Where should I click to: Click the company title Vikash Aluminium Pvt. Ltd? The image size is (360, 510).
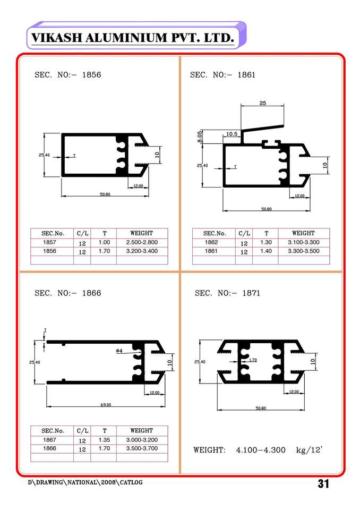coord(133,38)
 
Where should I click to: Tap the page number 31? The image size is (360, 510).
coord(323,483)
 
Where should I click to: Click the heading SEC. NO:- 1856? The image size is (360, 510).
coord(68,75)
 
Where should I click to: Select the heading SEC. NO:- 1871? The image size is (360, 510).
coord(227,293)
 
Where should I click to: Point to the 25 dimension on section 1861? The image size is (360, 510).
coord(263,103)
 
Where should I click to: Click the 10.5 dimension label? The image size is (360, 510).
coord(232,134)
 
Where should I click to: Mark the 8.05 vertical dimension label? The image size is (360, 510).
coord(199,137)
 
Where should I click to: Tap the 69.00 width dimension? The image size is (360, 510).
coord(106,405)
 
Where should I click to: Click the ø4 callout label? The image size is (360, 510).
coord(119,351)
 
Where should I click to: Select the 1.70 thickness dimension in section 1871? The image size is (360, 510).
coord(253,360)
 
